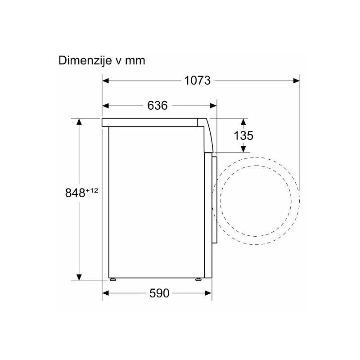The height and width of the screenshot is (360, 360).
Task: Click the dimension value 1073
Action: (198, 81)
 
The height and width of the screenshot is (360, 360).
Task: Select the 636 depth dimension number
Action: (157, 106)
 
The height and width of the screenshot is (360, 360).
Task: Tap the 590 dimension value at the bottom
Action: (159, 293)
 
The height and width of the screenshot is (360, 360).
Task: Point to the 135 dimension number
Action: (243, 135)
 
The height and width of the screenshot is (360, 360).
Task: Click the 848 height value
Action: (75, 193)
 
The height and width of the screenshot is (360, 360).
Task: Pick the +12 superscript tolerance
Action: (92, 190)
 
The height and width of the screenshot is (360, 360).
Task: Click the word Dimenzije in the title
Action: (85, 61)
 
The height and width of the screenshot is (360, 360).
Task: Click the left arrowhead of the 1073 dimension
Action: (105, 81)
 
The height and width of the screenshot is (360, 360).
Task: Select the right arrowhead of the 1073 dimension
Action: (297, 81)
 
